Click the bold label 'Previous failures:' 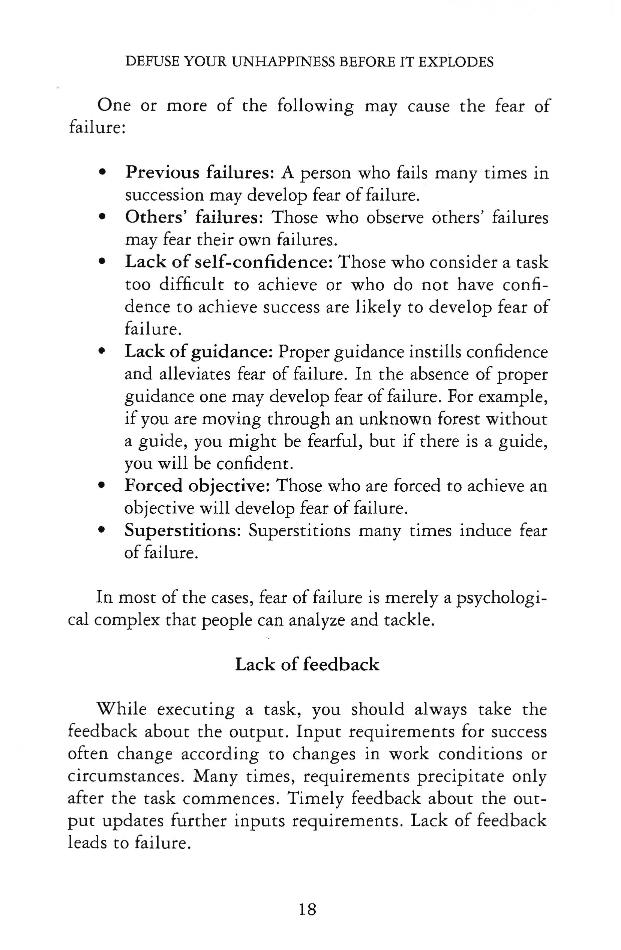(199, 173)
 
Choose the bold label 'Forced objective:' (198, 486)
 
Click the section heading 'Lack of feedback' (307, 665)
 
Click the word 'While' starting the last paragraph (122, 709)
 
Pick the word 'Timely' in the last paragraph (315, 799)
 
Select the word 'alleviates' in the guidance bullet (193, 374)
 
